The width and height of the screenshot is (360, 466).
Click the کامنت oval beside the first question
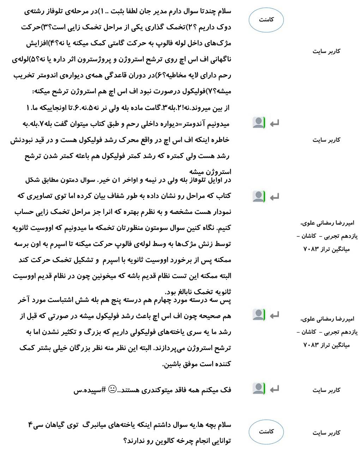[266, 20]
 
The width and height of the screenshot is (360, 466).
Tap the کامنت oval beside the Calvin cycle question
[266, 431]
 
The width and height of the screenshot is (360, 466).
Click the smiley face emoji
[112, 390]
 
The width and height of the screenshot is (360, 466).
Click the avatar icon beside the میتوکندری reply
[259, 388]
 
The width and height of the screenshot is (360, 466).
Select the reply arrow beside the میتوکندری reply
[274, 389]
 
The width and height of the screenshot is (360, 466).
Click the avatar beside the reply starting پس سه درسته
[259, 315]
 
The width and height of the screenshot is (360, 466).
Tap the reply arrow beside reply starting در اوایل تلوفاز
[274, 197]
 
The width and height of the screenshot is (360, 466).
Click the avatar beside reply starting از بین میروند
[259, 123]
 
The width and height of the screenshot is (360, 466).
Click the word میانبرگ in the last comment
[94, 425]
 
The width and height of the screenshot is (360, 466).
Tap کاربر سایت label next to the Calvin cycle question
[326, 433]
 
